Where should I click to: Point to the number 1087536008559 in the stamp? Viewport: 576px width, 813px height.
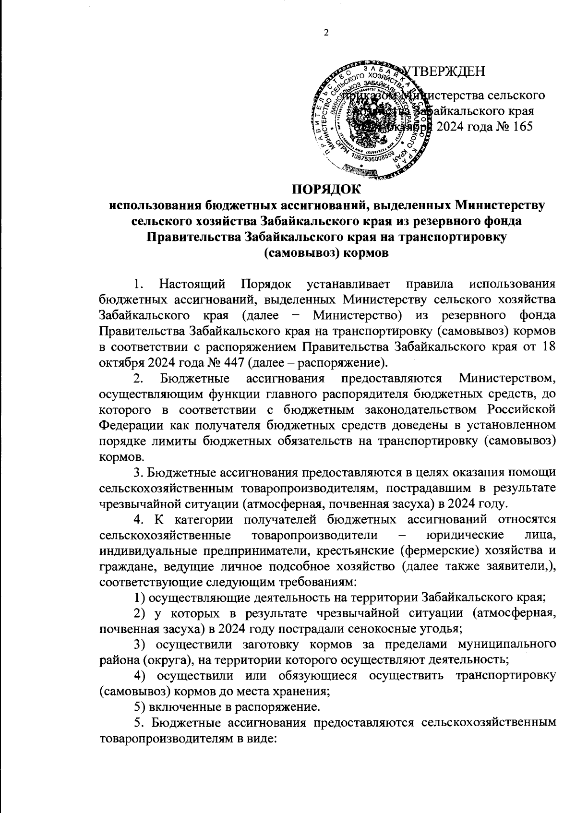coord(372,160)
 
